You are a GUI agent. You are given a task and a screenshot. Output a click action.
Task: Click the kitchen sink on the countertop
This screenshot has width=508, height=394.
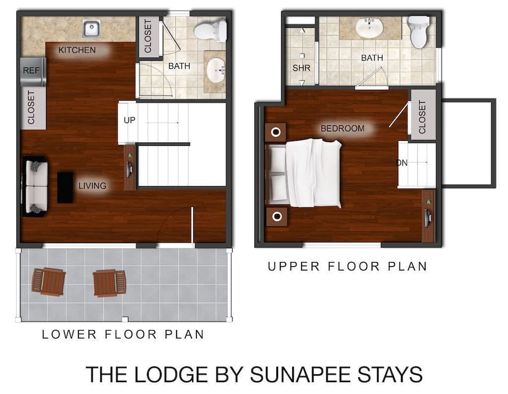pos(92,27)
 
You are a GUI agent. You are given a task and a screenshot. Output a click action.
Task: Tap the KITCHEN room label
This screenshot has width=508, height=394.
pos(77,50)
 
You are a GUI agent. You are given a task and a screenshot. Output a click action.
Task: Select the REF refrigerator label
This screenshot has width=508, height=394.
pos(30,69)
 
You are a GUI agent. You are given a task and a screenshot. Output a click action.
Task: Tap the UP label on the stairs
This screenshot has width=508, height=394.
pos(130,120)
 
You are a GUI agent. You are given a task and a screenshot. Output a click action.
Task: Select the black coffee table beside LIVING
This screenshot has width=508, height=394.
pos(65,187)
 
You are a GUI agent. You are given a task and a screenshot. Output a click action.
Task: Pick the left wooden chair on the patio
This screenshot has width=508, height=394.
pos(48,281)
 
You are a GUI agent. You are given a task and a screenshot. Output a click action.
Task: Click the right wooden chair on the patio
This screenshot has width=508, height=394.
pos(110,283)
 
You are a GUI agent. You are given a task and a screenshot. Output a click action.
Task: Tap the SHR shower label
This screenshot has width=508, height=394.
pos(301,68)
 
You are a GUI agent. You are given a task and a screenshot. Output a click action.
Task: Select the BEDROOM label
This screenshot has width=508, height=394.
pos(342,129)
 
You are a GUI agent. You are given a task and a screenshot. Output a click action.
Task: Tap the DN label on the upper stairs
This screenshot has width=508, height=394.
pos(402,163)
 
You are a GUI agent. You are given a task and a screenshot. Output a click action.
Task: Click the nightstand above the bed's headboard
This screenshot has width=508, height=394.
pos(276,132)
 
